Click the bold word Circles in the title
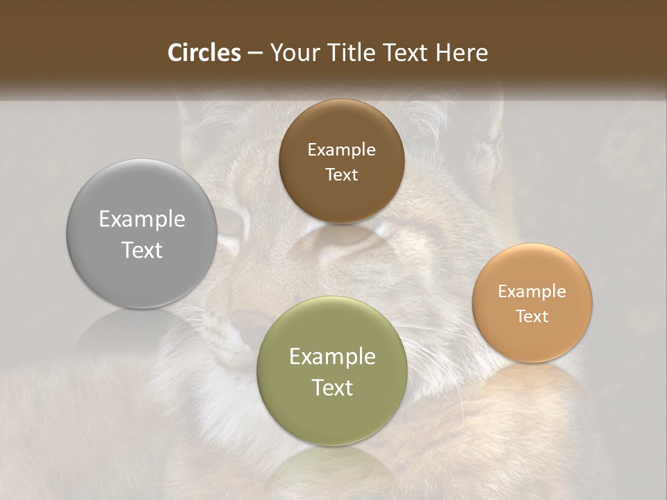click(204, 53)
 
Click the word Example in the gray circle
click(142, 219)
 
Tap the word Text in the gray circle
click(142, 250)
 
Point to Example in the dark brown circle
click(341, 149)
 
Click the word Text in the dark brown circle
click(341, 174)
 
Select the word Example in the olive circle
click(332, 357)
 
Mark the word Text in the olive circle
click(332, 387)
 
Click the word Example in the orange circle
click(532, 291)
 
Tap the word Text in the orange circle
click(532, 316)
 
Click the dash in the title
click(255, 53)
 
